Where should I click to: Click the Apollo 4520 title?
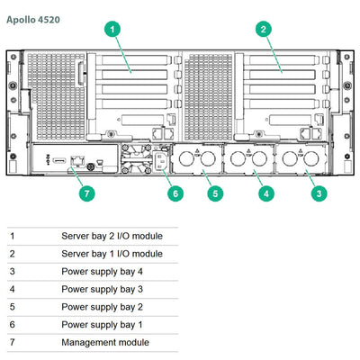coord(35,16)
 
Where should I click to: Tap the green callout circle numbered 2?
coord(263,30)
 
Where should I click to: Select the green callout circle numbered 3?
coord(318,193)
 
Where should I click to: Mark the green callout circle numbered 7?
coord(86,193)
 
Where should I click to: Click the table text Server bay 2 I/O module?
coord(112,236)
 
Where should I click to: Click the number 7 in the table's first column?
coord(13,343)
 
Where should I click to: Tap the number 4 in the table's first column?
coord(13,290)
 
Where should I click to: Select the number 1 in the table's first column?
coord(13,236)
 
